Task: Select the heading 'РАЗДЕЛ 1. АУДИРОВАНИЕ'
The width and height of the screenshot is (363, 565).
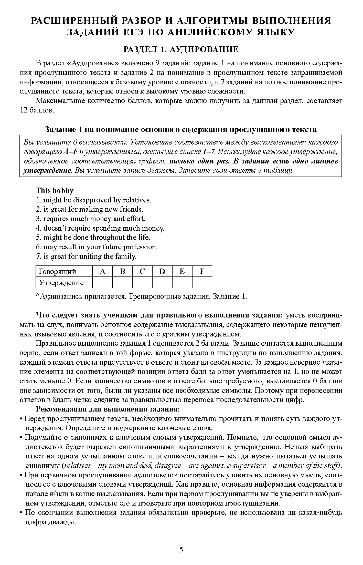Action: [181, 49]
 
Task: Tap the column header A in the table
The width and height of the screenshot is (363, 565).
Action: [102, 271]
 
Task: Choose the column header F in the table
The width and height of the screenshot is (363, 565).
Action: [202, 271]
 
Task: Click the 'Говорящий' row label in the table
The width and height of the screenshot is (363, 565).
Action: [57, 271]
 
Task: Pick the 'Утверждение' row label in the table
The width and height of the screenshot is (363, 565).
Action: [61, 283]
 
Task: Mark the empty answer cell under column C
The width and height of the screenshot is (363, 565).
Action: [142, 283]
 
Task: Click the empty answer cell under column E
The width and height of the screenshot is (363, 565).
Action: [182, 283]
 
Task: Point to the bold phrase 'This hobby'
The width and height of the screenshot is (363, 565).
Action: [55, 190]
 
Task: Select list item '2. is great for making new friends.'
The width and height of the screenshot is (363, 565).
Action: [89, 209]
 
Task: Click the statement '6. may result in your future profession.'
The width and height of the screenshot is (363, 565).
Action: [97, 247]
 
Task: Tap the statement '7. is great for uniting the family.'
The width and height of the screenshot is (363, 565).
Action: [86, 256]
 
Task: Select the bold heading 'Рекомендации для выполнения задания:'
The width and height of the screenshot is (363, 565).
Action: [108, 409]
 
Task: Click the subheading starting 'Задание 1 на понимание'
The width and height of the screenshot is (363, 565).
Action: [181, 129]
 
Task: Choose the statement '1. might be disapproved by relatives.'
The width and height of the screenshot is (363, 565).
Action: [94, 200]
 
